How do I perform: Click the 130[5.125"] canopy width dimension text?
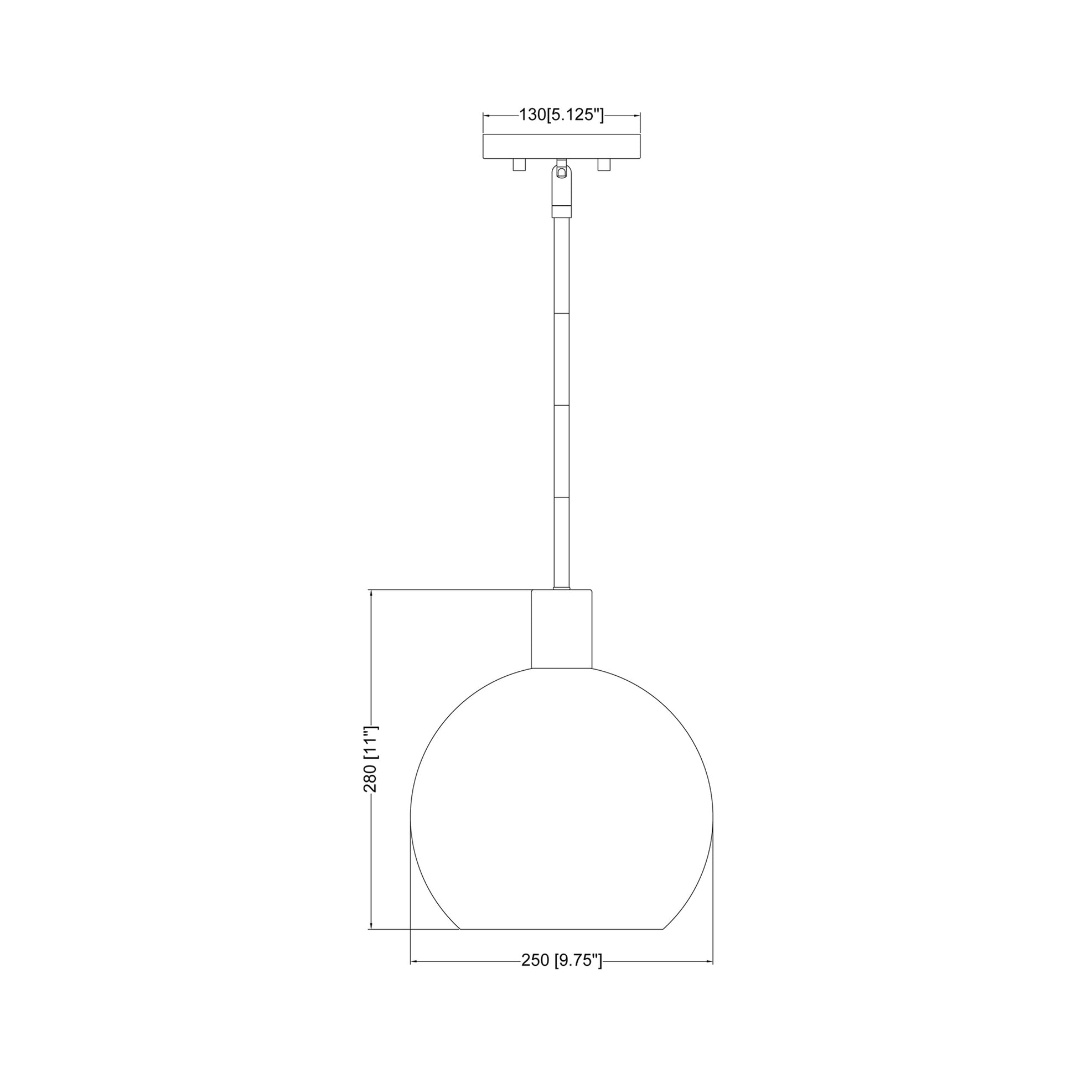561,115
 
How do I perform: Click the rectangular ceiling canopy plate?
561,147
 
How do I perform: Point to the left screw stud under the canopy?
519,165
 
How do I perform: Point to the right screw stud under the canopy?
604,165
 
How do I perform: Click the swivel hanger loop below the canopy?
561,184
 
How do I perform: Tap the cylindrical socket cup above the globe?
561,628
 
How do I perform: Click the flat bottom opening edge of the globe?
561,929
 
